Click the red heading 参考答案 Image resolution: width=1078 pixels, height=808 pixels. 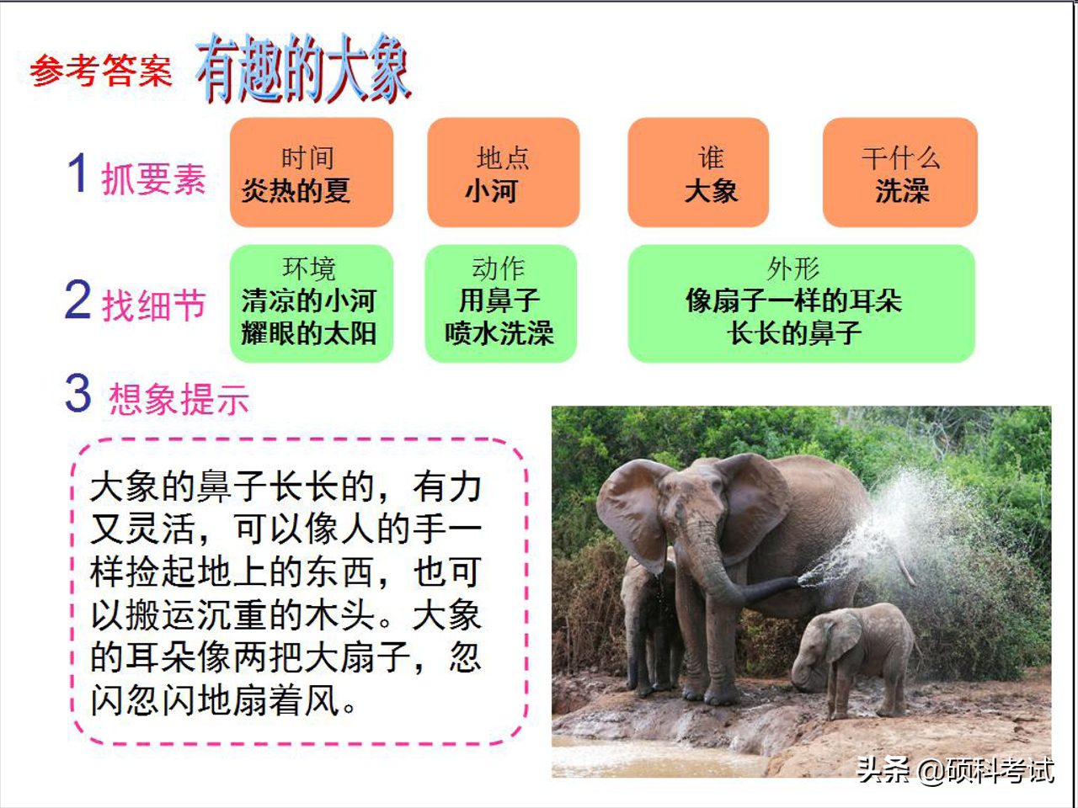tap(101, 71)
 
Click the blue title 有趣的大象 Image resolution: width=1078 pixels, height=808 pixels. tap(303, 69)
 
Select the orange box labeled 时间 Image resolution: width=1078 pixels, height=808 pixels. tap(311, 173)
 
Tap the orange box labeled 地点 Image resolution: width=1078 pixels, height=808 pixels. tap(503, 173)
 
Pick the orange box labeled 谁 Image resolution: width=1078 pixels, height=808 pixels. tap(698, 173)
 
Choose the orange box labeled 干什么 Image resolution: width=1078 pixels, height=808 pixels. tap(899, 173)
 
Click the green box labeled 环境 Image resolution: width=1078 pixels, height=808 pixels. tap(311, 304)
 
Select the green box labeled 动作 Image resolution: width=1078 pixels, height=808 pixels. tap(500, 304)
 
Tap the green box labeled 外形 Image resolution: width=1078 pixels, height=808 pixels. tap(801, 304)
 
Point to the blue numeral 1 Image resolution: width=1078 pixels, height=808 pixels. tap(77, 173)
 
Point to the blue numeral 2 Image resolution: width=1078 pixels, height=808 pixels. tap(77, 300)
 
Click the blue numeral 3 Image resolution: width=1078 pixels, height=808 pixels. tap(77, 393)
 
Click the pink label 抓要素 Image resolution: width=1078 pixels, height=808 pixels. tap(154, 179)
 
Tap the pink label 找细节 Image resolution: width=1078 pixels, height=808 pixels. tap(154, 306)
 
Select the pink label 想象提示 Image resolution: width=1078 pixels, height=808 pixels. tap(179, 399)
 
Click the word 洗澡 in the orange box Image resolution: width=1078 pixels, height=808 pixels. tap(902, 192)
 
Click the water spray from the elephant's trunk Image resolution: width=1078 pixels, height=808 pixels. tap(893, 522)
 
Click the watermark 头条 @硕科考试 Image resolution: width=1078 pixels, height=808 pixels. tap(955, 769)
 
